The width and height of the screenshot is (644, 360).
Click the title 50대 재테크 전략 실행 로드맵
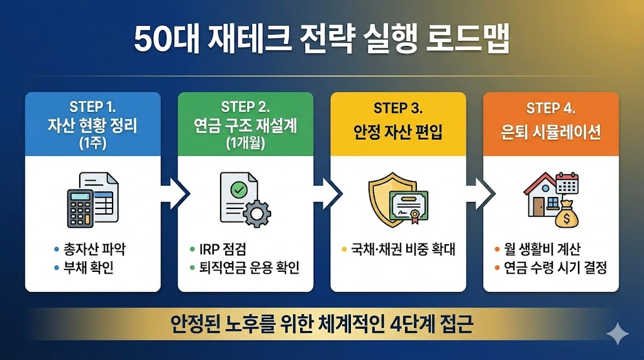coord(321,41)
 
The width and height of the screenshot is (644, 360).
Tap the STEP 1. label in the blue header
coord(92,107)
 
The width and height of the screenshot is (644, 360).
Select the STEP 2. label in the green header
coord(245,107)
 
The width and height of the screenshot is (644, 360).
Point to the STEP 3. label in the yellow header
coord(398,108)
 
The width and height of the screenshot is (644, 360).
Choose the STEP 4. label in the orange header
coord(550,108)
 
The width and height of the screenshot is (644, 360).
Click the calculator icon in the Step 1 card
coord(80,208)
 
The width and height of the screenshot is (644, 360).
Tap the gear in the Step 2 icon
coord(257,213)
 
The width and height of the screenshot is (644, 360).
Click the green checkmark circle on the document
coord(238,188)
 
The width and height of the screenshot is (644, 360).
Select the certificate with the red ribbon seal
coord(408,206)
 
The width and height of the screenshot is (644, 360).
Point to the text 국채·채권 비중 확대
coord(402,249)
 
